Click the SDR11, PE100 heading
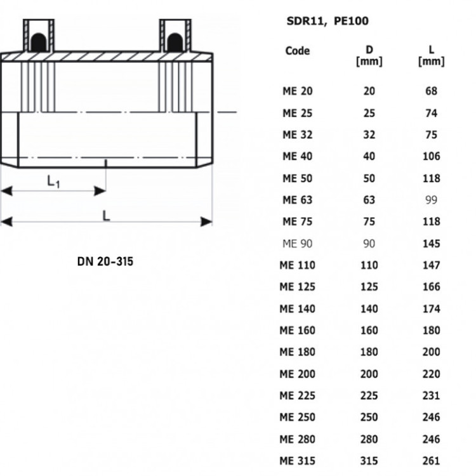coord(327,21)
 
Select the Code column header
coord(298,51)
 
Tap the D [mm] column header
coord(369,56)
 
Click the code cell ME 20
coord(298,91)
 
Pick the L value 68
coord(432,91)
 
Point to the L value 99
coord(432,200)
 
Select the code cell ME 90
coord(298,244)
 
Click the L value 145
coord(432,244)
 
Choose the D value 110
coord(369,265)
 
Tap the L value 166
coord(432,287)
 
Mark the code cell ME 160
coord(298,330)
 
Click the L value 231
coord(432,395)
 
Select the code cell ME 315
coord(298,461)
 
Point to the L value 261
coord(432,461)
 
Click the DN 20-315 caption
coord(105,261)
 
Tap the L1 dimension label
coord(53,182)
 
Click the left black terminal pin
coord(39,42)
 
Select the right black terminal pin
coord(175,42)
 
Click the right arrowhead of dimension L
coord(206,221)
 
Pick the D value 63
coord(369,200)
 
